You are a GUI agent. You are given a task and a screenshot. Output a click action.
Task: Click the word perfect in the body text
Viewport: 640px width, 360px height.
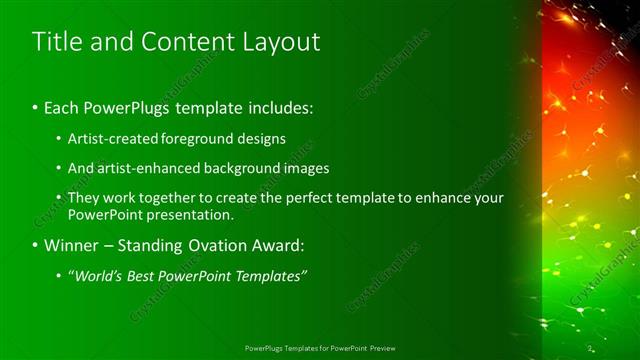click(x=313, y=198)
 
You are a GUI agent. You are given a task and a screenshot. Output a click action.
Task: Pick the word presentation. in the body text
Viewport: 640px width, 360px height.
click(x=188, y=214)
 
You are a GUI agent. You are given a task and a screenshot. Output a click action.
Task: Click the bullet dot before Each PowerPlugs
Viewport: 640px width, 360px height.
click(x=35, y=106)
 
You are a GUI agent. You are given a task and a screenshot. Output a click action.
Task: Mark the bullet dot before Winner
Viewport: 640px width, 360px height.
click(x=35, y=245)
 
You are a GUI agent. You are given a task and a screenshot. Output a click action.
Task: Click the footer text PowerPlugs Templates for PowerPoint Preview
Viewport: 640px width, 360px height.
click(x=320, y=348)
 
